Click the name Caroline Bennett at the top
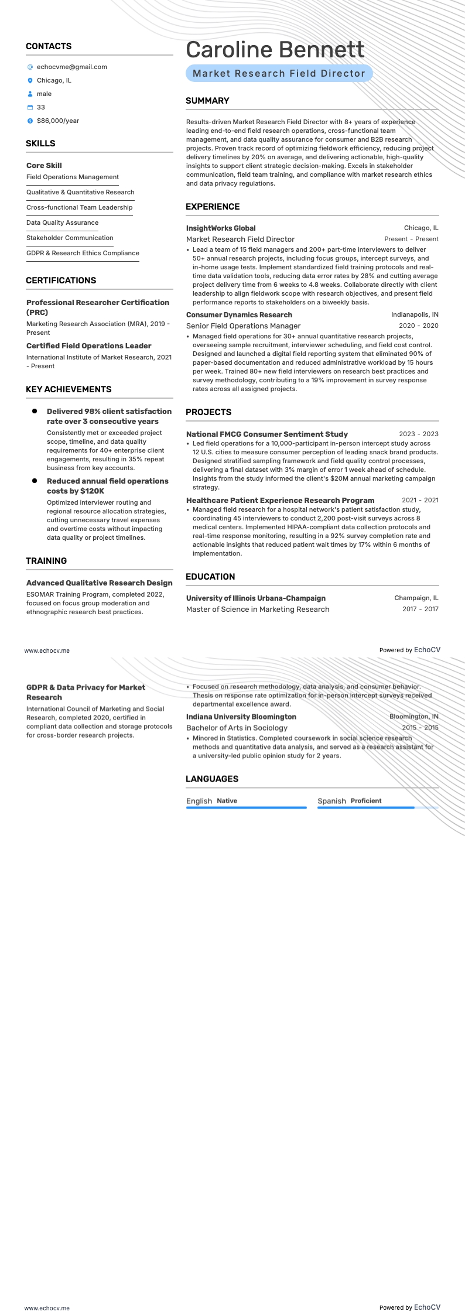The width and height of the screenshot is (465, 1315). pyautogui.click(x=275, y=50)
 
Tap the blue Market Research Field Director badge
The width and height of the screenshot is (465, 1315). pyautogui.click(x=279, y=73)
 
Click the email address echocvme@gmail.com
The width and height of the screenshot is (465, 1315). pyautogui.click(x=71, y=67)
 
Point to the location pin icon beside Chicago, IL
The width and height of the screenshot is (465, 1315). pyautogui.click(x=30, y=80)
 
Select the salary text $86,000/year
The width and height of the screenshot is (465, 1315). pyautogui.click(x=57, y=121)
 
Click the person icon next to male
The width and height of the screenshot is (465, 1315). pyautogui.click(x=30, y=94)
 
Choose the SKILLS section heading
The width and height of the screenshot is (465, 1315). pyautogui.click(x=40, y=143)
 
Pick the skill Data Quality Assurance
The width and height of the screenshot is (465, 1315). pyautogui.click(x=62, y=222)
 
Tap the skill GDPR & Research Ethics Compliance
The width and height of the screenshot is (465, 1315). pyautogui.click(x=83, y=253)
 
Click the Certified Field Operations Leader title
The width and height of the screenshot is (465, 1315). pyautogui.click(x=88, y=346)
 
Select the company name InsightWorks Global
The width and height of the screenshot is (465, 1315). pyautogui.click(x=221, y=228)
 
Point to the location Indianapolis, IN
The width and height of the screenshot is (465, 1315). pyautogui.click(x=415, y=315)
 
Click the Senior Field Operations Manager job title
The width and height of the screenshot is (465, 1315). pyautogui.click(x=243, y=326)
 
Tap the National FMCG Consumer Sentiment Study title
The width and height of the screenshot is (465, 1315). pyautogui.click(x=266, y=434)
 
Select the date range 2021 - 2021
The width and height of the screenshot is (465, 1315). pyautogui.click(x=420, y=500)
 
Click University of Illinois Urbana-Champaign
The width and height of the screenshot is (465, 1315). pyautogui.click(x=255, y=598)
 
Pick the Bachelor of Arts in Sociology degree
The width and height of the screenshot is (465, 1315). pyautogui.click(x=237, y=728)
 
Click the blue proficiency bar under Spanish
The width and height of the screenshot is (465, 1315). pyautogui.click(x=366, y=808)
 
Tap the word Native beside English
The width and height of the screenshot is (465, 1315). pyautogui.click(x=227, y=801)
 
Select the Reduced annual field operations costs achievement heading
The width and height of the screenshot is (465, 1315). pyautogui.click(x=107, y=486)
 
